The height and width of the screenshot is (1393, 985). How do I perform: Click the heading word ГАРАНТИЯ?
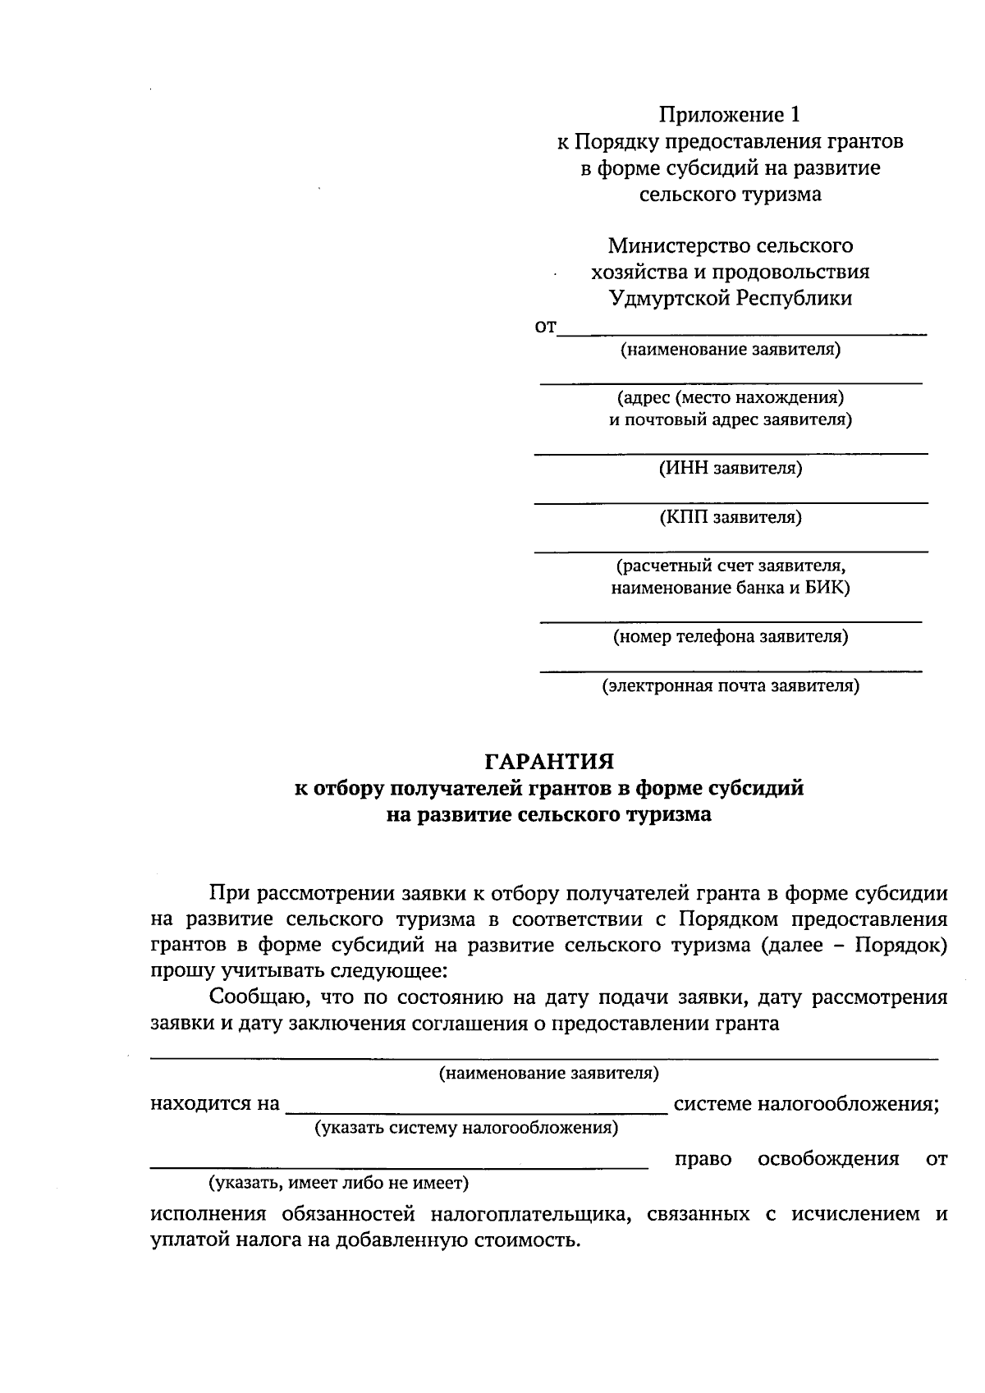[549, 762]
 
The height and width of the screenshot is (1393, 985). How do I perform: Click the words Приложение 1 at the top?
[730, 114]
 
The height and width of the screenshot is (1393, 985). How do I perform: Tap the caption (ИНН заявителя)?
[731, 469]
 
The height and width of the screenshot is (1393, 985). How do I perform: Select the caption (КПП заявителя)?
[731, 517]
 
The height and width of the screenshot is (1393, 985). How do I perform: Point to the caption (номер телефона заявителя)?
[731, 636]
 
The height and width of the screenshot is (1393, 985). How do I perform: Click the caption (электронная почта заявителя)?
[731, 685]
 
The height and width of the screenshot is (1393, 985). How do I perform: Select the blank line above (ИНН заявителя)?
[731, 453]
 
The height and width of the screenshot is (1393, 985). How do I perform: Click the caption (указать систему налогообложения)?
[467, 1127]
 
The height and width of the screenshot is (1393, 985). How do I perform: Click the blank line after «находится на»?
[476, 1112]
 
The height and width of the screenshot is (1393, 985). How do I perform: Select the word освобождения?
[828, 1159]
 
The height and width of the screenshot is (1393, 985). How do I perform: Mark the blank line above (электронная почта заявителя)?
[731, 671]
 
